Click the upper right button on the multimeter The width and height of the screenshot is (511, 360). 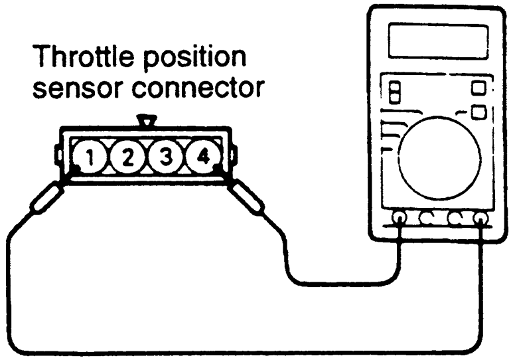478,88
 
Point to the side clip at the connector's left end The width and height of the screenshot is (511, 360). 59,157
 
